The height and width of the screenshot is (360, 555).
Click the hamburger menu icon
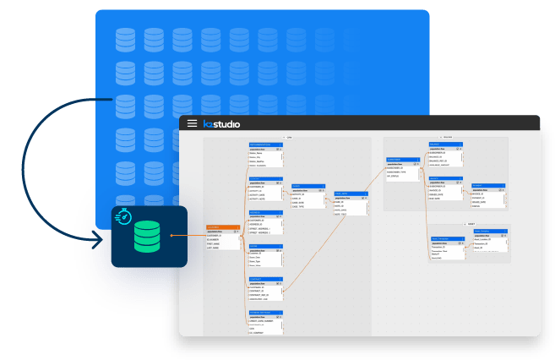click(x=193, y=123)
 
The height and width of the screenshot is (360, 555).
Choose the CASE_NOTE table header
click(x=351, y=194)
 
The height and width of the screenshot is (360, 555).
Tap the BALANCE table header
click(x=445, y=144)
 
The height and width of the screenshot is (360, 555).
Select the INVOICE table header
click(x=445, y=178)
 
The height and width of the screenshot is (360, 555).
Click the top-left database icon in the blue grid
click(x=125, y=37)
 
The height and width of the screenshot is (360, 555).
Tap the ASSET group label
click(x=471, y=224)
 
